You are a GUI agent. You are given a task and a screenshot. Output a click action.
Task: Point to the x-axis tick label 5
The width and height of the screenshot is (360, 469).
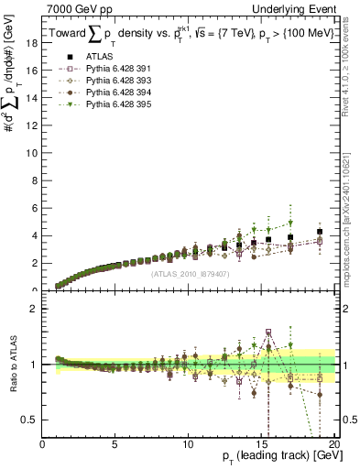click(x=115, y=444)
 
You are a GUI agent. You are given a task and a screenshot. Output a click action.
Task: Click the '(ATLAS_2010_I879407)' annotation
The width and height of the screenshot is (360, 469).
click(x=190, y=273)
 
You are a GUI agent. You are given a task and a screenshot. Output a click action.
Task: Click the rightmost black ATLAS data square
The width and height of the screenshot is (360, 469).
click(x=319, y=232)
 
